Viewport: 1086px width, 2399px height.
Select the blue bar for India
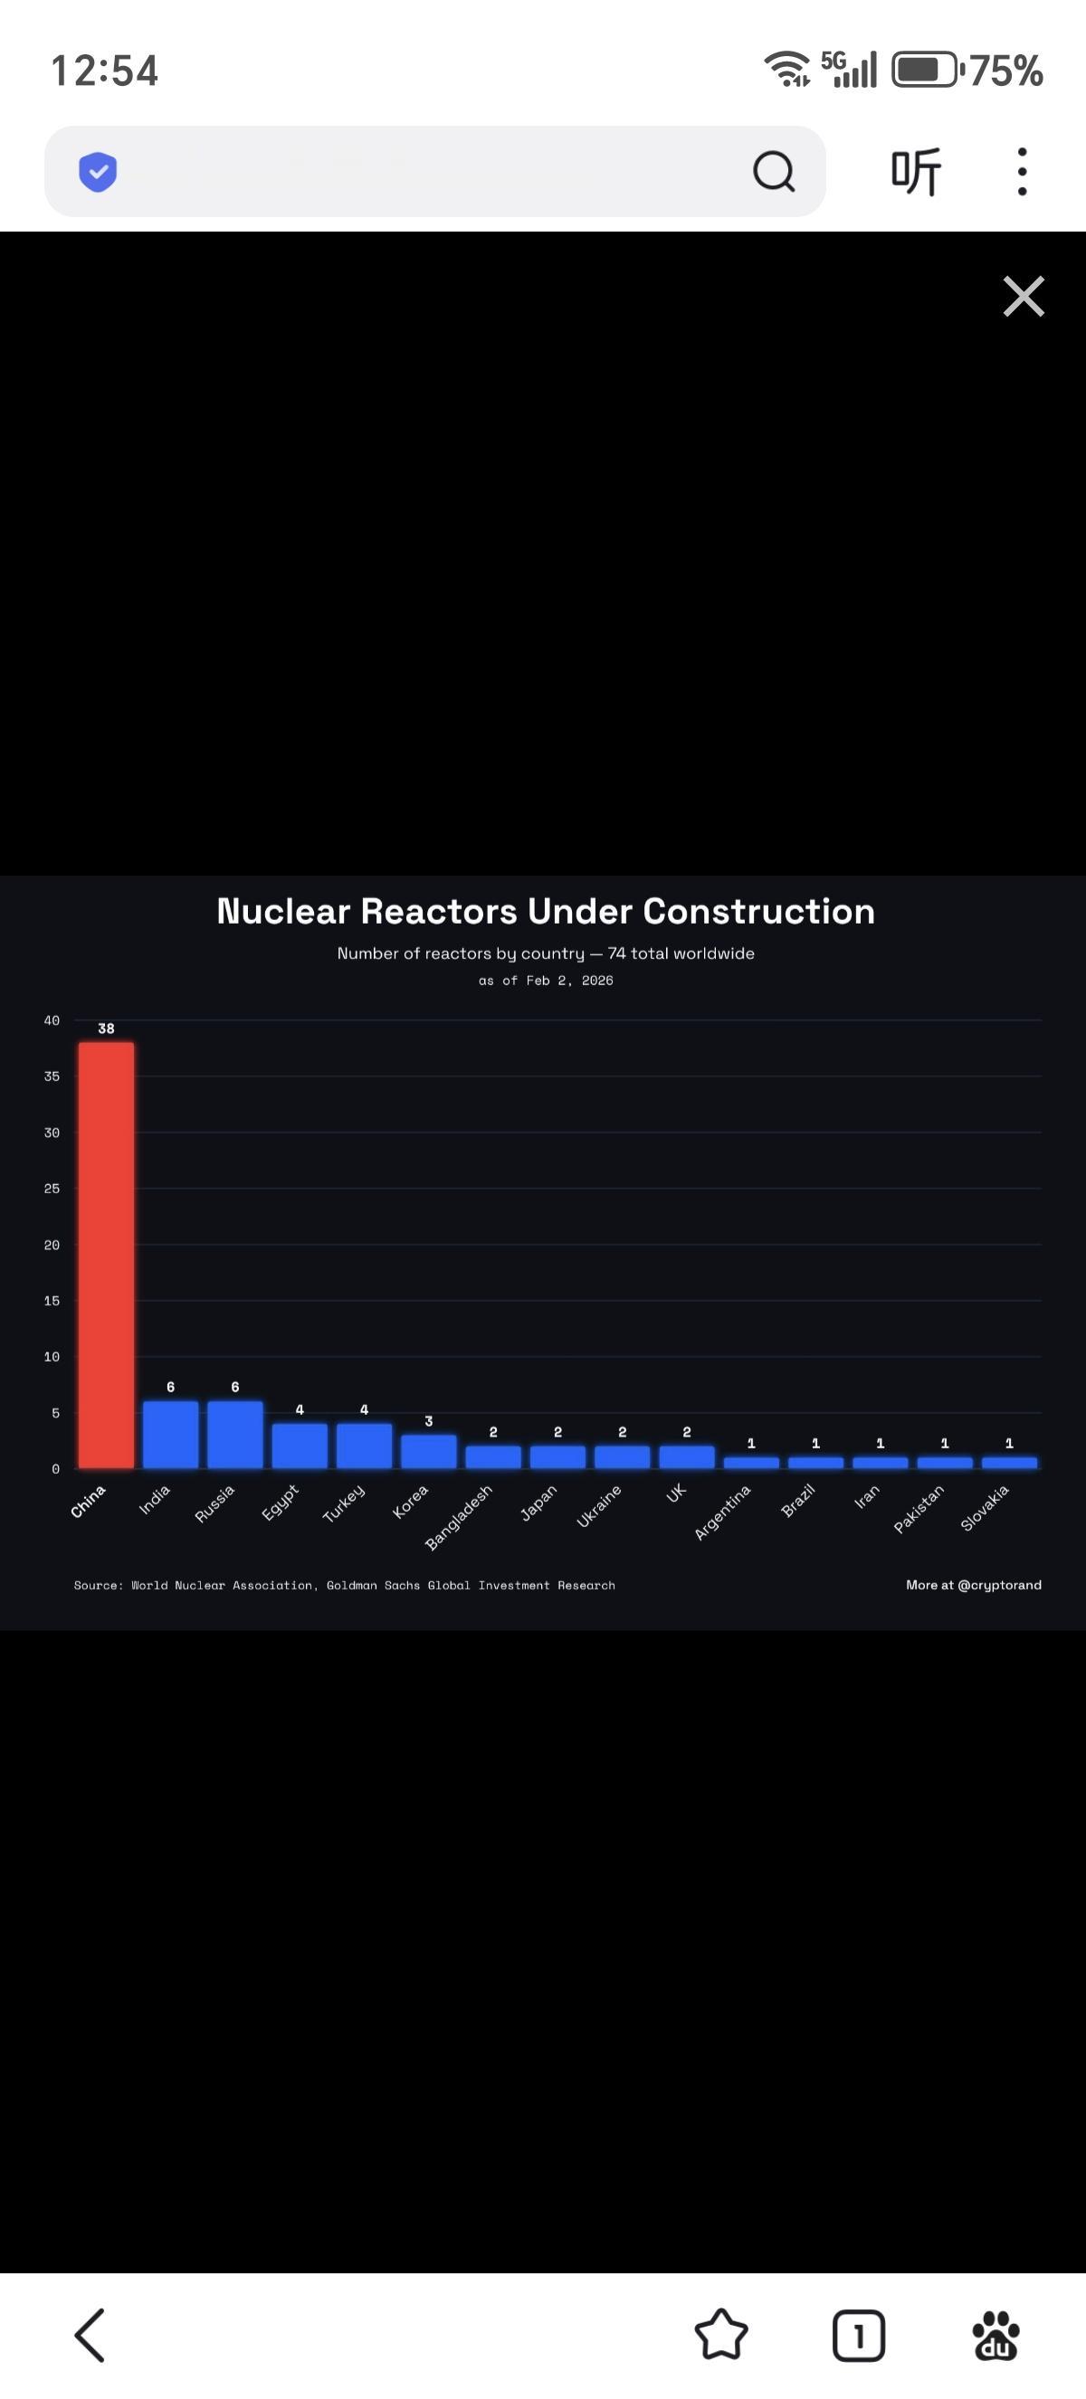pos(170,1435)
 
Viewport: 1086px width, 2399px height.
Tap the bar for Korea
pos(428,1452)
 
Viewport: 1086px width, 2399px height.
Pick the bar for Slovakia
pos(1009,1463)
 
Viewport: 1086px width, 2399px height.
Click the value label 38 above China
pos(106,1029)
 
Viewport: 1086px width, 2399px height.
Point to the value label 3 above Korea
pos(428,1421)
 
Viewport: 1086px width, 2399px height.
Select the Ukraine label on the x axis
pos(598,1506)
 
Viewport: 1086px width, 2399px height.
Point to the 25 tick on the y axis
pos(52,1189)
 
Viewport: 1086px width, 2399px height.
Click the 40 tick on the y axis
pos(52,1020)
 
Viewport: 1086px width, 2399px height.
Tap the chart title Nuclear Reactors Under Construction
pos(546,911)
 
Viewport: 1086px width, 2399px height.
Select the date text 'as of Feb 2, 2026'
pos(546,981)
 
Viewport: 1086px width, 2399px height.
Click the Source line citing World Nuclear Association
pos(345,1585)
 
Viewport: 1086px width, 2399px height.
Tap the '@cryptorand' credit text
pos(998,1585)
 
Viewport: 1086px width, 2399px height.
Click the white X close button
pos(1024,296)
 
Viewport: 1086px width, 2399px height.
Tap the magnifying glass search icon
pos(773,171)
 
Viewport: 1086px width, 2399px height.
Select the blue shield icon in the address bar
pos(98,171)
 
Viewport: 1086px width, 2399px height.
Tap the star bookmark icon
pos(721,2336)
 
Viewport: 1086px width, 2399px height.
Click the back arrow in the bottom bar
pos(90,2336)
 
